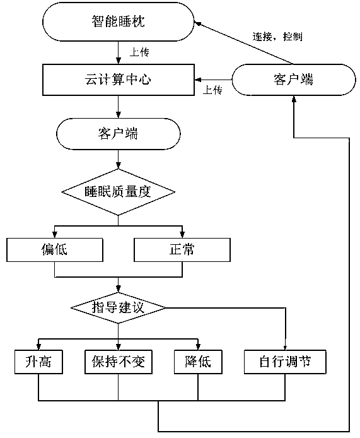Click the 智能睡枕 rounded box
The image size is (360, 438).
118,22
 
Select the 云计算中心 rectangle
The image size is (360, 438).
119,80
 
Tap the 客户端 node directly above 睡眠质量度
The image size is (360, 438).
119,134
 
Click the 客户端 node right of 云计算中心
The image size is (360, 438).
294,80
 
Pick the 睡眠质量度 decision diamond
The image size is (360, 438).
119,192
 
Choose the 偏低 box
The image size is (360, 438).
55,250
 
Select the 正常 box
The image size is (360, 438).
182,250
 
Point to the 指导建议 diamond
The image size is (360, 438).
119,308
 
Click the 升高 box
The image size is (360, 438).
38,362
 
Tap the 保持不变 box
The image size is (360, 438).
119,362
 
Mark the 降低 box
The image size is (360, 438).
198,362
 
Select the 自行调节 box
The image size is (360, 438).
285,362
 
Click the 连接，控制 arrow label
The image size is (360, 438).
277,37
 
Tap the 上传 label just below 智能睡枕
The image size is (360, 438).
139,52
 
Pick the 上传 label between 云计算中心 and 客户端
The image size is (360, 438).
212,90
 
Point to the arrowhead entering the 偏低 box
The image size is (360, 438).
55,235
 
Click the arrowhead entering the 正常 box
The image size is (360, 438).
182,235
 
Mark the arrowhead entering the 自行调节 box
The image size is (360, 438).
285,347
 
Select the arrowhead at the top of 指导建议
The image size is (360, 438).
119,289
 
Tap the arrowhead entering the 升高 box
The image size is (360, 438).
38,347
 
